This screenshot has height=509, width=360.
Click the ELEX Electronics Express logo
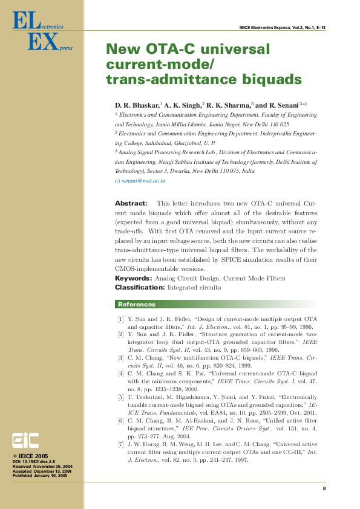38,33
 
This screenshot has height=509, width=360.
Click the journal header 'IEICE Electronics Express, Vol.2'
283,28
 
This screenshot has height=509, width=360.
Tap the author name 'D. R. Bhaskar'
137,105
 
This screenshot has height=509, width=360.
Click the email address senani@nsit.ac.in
143,180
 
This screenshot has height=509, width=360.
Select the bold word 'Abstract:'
131,204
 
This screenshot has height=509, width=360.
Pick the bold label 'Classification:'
140,287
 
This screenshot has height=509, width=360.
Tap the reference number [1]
121,319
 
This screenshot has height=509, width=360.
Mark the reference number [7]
121,444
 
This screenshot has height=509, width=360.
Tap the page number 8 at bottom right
324,488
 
